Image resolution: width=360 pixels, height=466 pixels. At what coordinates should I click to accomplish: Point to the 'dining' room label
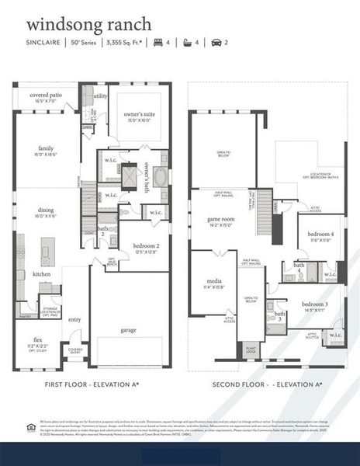(46, 211)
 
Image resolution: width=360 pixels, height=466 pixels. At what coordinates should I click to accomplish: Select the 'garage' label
(128, 329)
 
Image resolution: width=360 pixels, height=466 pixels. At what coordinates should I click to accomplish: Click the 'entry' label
(74, 319)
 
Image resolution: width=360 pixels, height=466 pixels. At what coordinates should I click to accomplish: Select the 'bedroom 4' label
(320, 235)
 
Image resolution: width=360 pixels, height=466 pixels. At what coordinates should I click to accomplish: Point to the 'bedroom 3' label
(315, 304)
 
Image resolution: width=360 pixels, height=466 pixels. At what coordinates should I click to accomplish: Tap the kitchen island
(48, 252)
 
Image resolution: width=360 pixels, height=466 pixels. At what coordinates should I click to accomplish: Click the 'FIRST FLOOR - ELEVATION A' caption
(90, 384)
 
